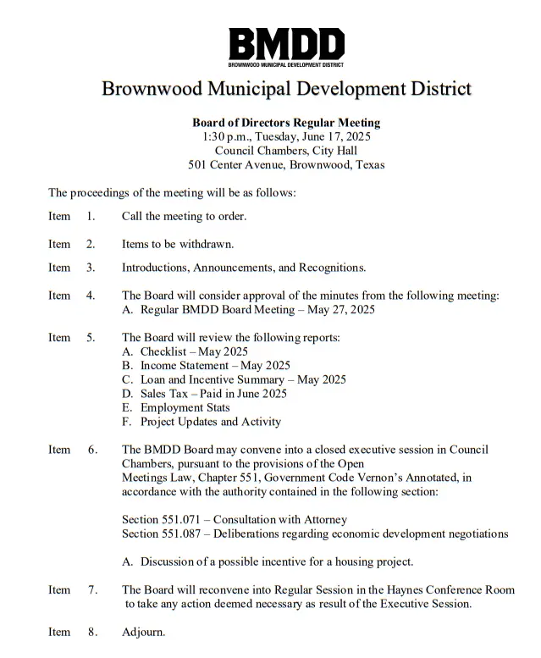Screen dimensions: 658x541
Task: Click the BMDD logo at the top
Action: [286, 47]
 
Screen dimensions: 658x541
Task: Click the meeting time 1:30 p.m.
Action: [224, 136]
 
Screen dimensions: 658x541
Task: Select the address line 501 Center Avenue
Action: [286, 165]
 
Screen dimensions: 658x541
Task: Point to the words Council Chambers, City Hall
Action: [286, 151]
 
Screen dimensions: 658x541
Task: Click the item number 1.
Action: [91, 216]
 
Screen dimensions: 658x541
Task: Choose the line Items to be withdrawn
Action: [177, 244]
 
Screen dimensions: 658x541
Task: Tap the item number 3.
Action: [91, 268]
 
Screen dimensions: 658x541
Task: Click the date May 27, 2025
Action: [339, 310]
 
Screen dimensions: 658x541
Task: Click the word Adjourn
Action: [144, 632]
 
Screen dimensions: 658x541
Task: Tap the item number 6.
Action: [92, 450]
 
